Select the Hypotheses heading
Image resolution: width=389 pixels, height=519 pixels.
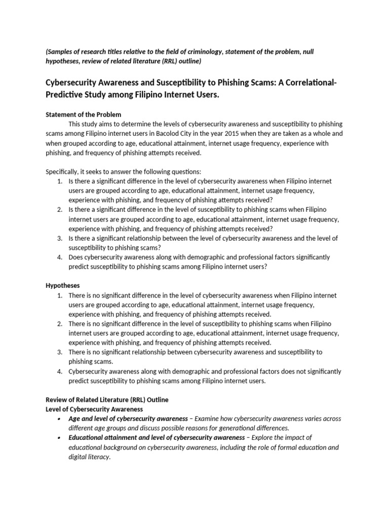pos(63,285)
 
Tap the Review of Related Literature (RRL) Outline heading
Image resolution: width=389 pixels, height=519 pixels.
pos(107,400)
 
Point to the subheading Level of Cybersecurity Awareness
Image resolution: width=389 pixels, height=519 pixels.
pos(94,409)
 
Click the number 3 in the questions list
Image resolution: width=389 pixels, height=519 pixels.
pos(59,238)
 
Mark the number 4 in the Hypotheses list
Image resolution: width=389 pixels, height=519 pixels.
pos(59,372)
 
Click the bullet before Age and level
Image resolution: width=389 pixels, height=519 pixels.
pos(59,419)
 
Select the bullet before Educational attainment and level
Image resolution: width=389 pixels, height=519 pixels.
pos(59,437)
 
